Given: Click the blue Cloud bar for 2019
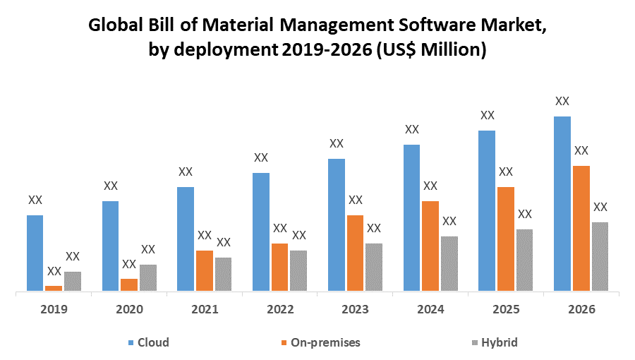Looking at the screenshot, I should (x=35, y=253).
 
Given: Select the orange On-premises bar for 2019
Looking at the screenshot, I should (x=54, y=287).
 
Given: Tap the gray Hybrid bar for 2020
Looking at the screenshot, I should (x=148, y=277).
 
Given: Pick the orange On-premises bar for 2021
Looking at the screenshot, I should (x=205, y=270).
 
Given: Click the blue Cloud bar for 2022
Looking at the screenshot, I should (x=261, y=232).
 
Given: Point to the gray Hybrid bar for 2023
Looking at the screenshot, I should (x=374, y=267).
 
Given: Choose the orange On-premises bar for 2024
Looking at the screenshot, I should (x=430, y=246).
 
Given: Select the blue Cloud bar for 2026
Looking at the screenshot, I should (x=562, y=203).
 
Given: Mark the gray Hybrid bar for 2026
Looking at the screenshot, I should (x=600, y=256).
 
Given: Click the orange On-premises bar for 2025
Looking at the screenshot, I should (x=506, y=239).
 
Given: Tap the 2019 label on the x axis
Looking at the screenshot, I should (x=54, y=309).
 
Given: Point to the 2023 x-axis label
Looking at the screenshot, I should (x=355, y=309).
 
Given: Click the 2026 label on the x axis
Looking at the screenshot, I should (x=581, y=309).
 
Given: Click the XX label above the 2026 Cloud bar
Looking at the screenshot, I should (x=562, y=101).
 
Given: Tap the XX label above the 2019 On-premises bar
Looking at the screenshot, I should (x=54, y=271).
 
